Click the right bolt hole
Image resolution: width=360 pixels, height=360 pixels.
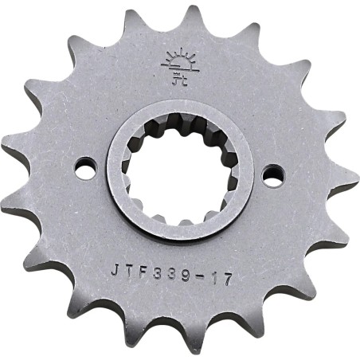[x=273, y=170]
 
